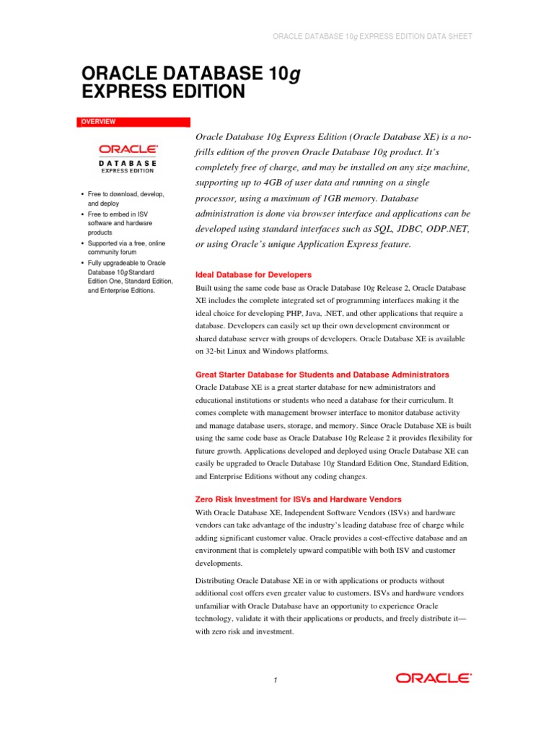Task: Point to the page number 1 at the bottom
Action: [x=275, y=679]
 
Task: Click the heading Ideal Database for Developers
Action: [x=253, y=275]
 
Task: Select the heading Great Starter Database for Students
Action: [x=322, y=375]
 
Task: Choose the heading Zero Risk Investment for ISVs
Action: [x=298, y=499]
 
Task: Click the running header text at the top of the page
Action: [x=371, y=36]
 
